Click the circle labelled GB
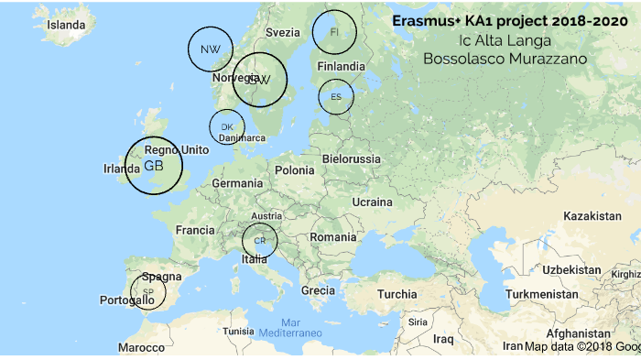(x=153, y=166)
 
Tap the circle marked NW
(x=211, y=49)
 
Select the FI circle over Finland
(x=334, y=32)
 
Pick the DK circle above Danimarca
(x=227, y=126)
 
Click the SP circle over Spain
(x=147, y=291)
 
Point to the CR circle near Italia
(x=260, y=240)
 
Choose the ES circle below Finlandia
(x=336, y=96)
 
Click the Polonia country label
(x=294, y=169)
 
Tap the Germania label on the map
(x=237, y=183)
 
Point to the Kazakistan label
(x=592, y=216)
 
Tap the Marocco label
(x=141, y=348)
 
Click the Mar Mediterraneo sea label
(x=291, y=328)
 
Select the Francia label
(x=195, y=230)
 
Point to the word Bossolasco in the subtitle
(x=462, y=58)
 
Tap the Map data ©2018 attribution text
(x=568, y=346)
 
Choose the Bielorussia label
(x=352, y=158)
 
